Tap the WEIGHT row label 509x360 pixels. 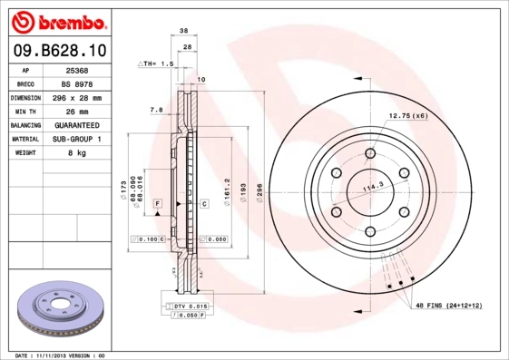[x=24, y=153]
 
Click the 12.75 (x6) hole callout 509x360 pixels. [x=408, y=116]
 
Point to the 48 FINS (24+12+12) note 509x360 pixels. [x=449, y=306]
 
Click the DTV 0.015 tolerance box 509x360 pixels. [x=191, y=307]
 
